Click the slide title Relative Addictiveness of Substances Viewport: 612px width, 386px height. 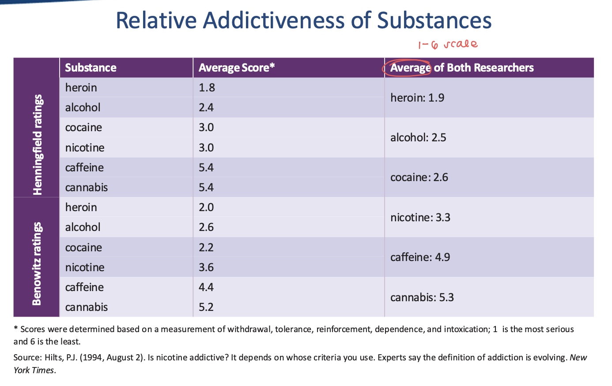tap(303, 21)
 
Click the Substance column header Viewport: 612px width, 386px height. tap(91, 68)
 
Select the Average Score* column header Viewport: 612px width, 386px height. tap(237, 68)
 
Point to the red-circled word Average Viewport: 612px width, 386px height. tap(410, 68)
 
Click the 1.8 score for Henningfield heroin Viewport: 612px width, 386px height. tap(207, 87)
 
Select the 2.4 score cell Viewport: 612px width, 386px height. tap(206, 107)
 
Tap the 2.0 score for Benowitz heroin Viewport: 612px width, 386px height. tap(206, 207)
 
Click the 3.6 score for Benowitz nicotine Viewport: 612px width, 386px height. tap(206, 267)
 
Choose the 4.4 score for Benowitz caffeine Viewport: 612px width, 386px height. tap(206, 287)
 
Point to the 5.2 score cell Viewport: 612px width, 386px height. tap(206, 307)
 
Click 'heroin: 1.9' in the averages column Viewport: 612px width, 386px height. tap(417, 98)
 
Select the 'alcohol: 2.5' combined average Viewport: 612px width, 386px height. tap(418, 137)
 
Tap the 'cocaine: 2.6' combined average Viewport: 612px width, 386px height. tap(419, 177)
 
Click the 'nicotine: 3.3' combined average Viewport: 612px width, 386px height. tap(420, 217)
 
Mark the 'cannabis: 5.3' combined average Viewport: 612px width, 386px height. tap(422, 297)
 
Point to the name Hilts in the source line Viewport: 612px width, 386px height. tap(53, 357)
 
